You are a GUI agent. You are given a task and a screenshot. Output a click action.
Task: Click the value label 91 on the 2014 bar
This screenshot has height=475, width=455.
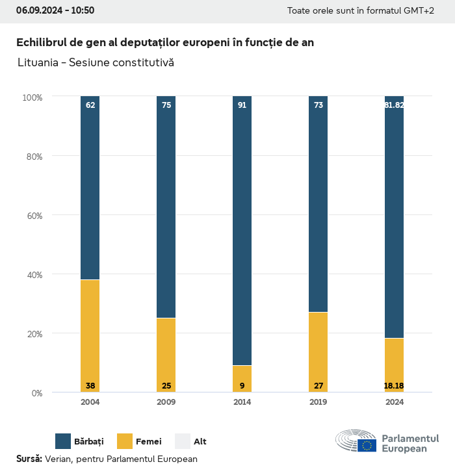coord(242,105)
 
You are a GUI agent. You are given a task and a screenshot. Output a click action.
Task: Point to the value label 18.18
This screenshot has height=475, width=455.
coord(394,386)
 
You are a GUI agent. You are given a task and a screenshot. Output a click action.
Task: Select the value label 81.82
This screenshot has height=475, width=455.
coord(394,105)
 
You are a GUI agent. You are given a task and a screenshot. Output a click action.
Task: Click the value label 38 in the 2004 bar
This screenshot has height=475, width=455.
coord(90,386)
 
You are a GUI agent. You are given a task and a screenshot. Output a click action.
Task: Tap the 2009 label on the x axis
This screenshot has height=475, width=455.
coord(166,402)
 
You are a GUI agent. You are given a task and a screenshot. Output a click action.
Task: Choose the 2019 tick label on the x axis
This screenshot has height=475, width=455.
coord(318,402)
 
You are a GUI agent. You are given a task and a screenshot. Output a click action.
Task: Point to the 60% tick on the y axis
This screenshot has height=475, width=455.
coord(33,215)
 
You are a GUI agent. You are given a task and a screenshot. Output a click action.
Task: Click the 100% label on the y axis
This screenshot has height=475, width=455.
coord(32,97)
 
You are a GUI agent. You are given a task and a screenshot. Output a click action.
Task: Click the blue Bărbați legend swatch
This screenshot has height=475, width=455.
coord(63,441)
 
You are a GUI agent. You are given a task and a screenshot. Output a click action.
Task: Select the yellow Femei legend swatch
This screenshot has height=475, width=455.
coord(125,441)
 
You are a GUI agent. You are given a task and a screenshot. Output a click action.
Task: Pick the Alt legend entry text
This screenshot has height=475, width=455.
coord(200,442)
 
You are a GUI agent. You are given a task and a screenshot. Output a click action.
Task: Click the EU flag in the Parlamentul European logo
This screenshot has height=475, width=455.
coord(367,445)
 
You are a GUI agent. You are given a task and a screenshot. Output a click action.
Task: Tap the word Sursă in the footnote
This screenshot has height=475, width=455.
coord(29,459)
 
